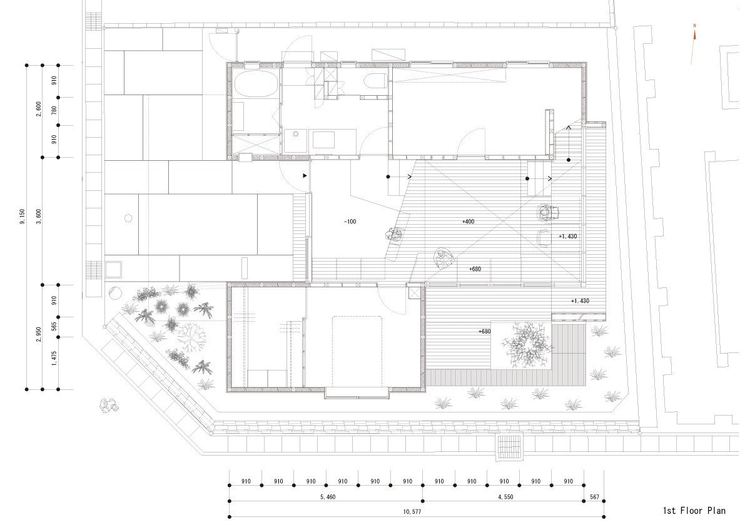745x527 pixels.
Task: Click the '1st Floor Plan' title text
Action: click(x=694, y=511)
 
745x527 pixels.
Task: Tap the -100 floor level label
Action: click(x=350, y=222)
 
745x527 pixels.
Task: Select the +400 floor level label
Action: click(x=468, y=222)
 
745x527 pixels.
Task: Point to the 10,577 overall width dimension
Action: click(x=412, y=512)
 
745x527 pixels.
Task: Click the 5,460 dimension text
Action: click(x=328, y=497)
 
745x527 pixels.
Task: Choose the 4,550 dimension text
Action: click(x=505, y=497)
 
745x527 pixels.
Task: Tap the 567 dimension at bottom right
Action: click(x=595, y=497)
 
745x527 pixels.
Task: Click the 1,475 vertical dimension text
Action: click(x=54, y=359)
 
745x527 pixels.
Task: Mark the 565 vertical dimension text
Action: click(x=54, y=327)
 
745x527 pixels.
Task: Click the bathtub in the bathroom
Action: click(x=256, y=84)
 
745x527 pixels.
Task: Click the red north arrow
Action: click(x=694, y=33)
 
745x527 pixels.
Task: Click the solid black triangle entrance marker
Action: click(x=305, y=176)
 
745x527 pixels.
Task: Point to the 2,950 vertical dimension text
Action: click(x=39, y=334)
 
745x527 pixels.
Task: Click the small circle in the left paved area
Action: click(x=128, y=218)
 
